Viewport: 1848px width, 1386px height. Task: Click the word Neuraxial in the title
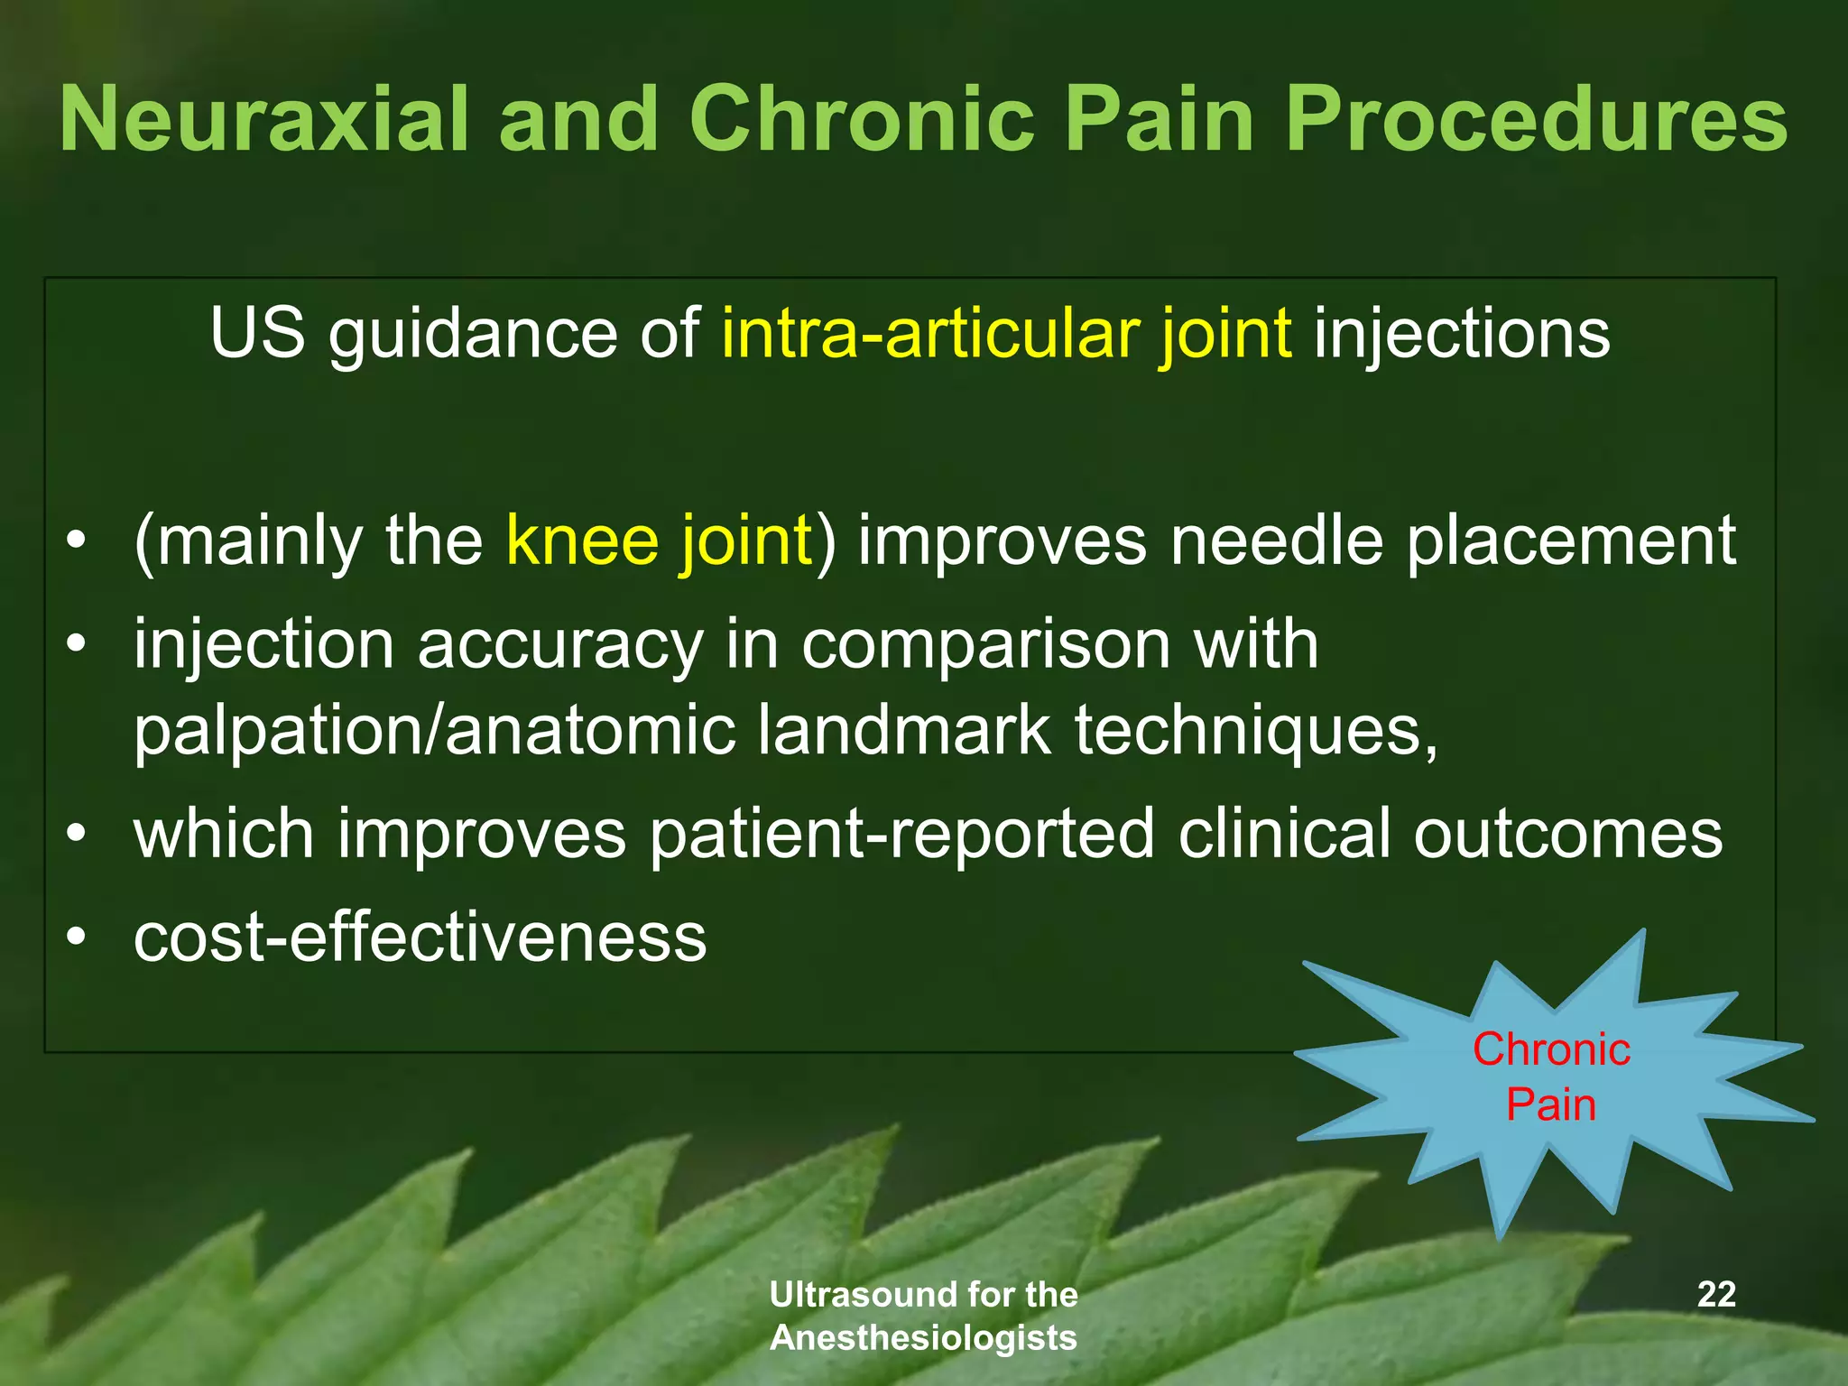click(x=264, y=119)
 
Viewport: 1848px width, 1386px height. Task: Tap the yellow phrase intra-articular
click(x=929, y=333)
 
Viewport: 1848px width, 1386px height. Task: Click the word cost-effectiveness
click(x=420, y=938)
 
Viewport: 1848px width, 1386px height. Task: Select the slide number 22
click(x=1716, y=1294)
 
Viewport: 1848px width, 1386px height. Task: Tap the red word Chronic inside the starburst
click(x=1551, y=1049)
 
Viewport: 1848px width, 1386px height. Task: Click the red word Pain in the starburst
click(x=1551, y=1104)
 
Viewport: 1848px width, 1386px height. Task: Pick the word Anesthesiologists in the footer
click(x=923, y=1337)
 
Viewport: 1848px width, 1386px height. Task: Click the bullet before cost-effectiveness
click(x=78, y=937)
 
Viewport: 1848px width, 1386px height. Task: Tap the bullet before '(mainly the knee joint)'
click(x=78, y=541)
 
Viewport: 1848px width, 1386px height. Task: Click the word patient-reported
click(x=901, y=835)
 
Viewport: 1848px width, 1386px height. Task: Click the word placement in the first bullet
click(x=1571, y=541)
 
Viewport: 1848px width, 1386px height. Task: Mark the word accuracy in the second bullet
click(x=559, y=646)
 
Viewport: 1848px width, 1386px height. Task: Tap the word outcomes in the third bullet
click(x=1567, y=834)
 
